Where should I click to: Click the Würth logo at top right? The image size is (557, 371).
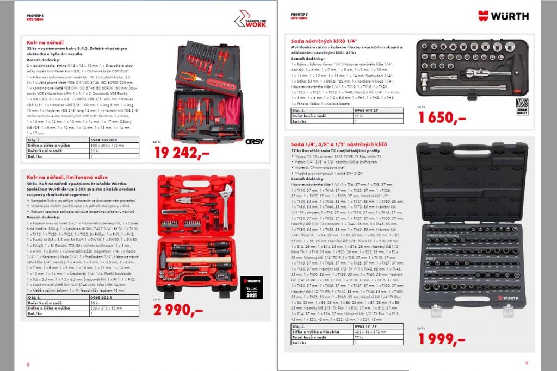click(503, 16)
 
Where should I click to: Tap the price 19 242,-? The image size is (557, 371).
click(182, 153)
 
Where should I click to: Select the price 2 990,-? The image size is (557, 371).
click(178, 310)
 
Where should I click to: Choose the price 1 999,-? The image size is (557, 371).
click(442, 338)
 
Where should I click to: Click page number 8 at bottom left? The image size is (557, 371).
click(21, 364)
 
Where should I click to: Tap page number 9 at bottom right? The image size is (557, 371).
click(526, 363)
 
